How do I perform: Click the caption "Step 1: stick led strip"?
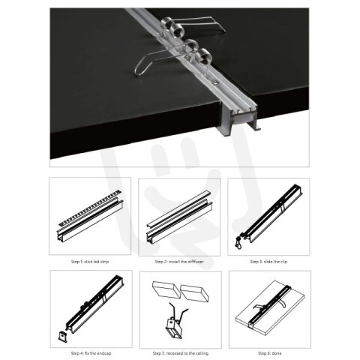[x=90, y=262]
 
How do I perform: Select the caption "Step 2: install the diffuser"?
[x=179, y=262]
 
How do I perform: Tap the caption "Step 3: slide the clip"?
[x=268, y=262]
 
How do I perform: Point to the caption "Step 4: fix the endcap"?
[x=91, y=353]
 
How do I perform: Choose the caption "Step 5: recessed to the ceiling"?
[x=181, y=353]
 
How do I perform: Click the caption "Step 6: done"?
[x=270, y=353]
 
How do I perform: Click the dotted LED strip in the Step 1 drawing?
[x=90, y=207]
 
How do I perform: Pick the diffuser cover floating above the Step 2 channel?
[x=178, y=208]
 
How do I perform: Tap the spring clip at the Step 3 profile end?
[x=239, y=241]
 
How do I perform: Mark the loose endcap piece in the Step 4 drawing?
[x=62, y=336]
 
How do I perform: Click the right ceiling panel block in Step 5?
[x=195, y=292]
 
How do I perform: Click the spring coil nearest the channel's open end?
[x=205, y=57]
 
